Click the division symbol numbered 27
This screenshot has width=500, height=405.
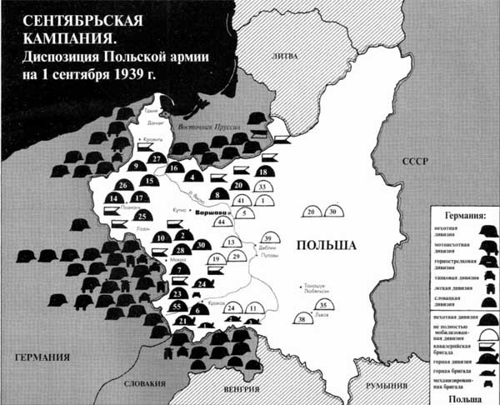(156, 158)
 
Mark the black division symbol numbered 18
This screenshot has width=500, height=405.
(264, 172)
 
